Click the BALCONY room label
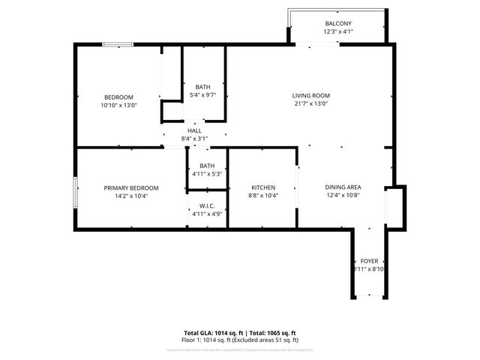[337, 24]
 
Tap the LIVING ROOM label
[310, 95]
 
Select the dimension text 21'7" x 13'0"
[310, 103]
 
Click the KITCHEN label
[263, 187]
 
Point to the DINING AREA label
[343, 187]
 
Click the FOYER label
[369, 260]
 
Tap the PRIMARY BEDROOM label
[131, 187]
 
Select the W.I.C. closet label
[207, 206]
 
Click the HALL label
[194, 130]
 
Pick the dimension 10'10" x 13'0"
[119, 106]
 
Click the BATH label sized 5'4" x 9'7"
[203, 87]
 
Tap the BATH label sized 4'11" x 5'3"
[207, 166]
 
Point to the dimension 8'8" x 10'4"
[263, 196]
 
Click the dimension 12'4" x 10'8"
[343, 196]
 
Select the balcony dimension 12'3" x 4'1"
[337, 32]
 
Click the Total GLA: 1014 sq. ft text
[211, 333]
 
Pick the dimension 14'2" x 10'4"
[131, 196]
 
